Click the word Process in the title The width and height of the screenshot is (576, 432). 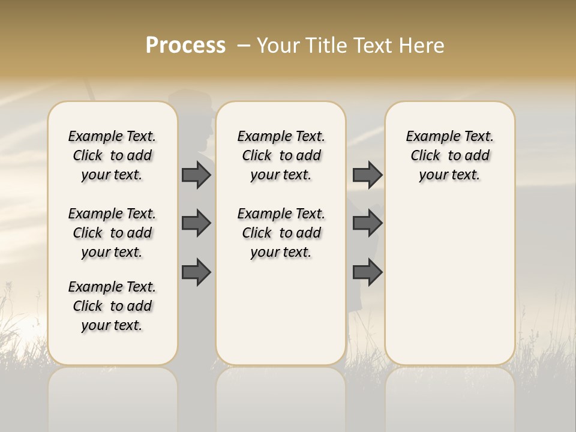[185, 46]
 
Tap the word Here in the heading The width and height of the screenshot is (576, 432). [421, 46]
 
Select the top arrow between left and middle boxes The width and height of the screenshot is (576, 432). [196, 175]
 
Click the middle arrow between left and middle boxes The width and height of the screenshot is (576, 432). [196, 223]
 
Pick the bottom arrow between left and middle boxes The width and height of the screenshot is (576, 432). [196, 272]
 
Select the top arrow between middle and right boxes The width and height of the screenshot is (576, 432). [367, 175]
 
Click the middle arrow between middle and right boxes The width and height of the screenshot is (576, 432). [367, 223]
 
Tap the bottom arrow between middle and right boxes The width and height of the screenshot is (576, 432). [367, 272]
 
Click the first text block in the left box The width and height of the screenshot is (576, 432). [112, 155]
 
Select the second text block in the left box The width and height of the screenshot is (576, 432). [112, 233]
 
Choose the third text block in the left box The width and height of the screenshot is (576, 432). [112, 306]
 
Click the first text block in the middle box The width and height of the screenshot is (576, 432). [281, 155]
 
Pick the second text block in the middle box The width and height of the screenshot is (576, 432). [281, 233]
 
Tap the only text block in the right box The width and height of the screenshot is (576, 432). [450, 155]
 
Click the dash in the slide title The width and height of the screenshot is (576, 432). [244, 46]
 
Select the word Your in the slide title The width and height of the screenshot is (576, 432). [278, 46]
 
